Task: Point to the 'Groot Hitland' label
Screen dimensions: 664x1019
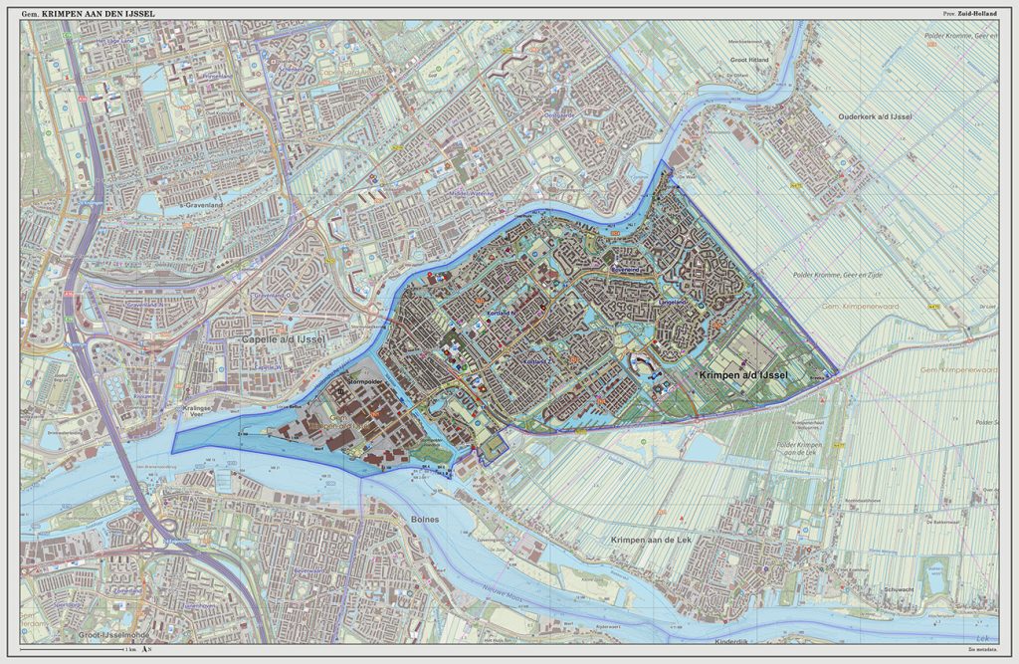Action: (x=751, y=60)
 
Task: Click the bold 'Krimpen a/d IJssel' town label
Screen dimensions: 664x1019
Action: (x=742, y=374)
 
